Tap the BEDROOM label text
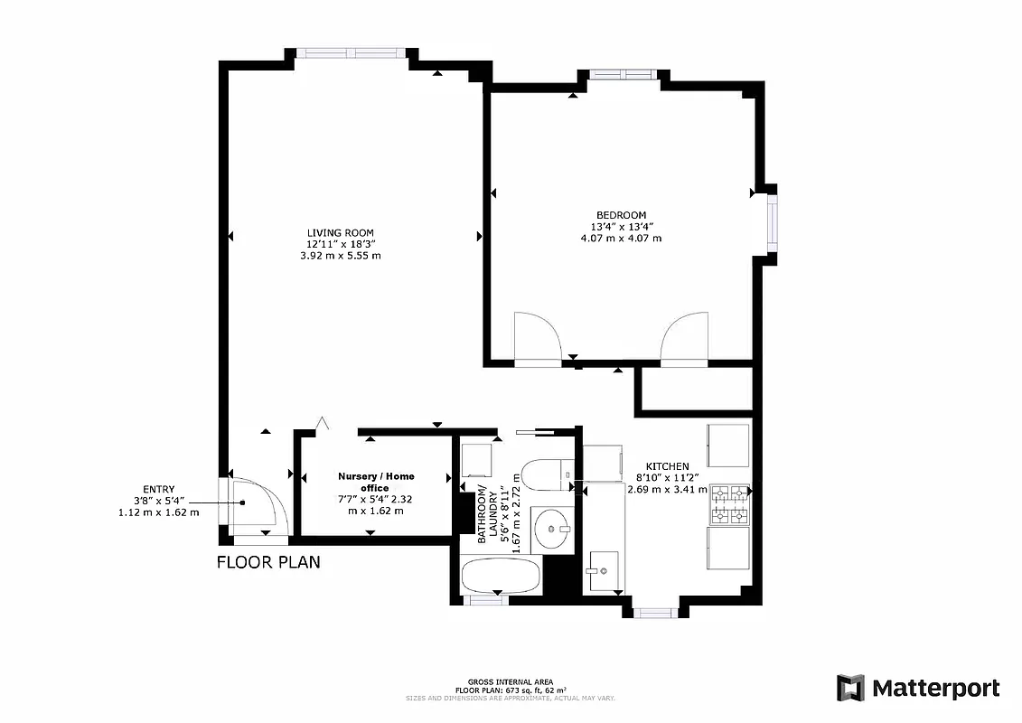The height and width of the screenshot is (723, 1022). click(x=621, y=214)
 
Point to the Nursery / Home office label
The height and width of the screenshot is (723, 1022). click(x=376, y=482)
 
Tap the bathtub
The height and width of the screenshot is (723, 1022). click(x=501, y=576)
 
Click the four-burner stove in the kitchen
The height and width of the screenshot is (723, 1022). click(x=730, y=505)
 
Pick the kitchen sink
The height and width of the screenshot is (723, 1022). click(x=603, y=570)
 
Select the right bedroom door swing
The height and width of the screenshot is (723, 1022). click(x=684, y=336)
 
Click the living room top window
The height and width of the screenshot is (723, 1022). click(x=352, y=52)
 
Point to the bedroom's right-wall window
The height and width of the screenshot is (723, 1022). click(x=773, y=222)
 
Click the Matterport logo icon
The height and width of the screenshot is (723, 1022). click(x=850, y=688)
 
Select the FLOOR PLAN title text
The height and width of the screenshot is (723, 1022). click(x=268, y=562)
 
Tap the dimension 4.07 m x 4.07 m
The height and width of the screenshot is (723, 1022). click(x=621, y=239)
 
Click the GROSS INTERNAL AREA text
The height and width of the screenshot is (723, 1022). click(x=511, y=681)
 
